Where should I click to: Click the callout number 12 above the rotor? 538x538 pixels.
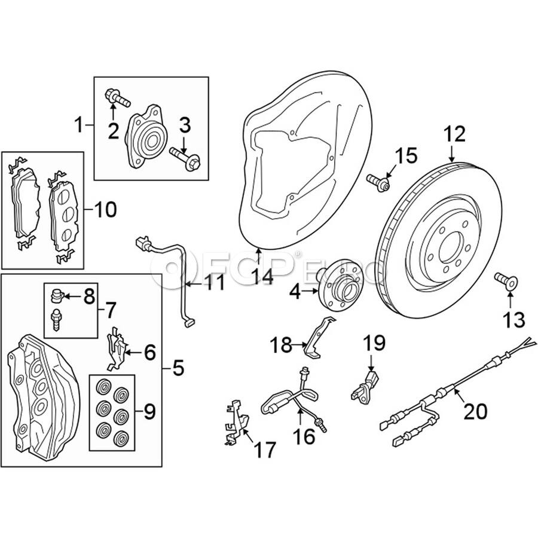(x=454, y=133)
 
